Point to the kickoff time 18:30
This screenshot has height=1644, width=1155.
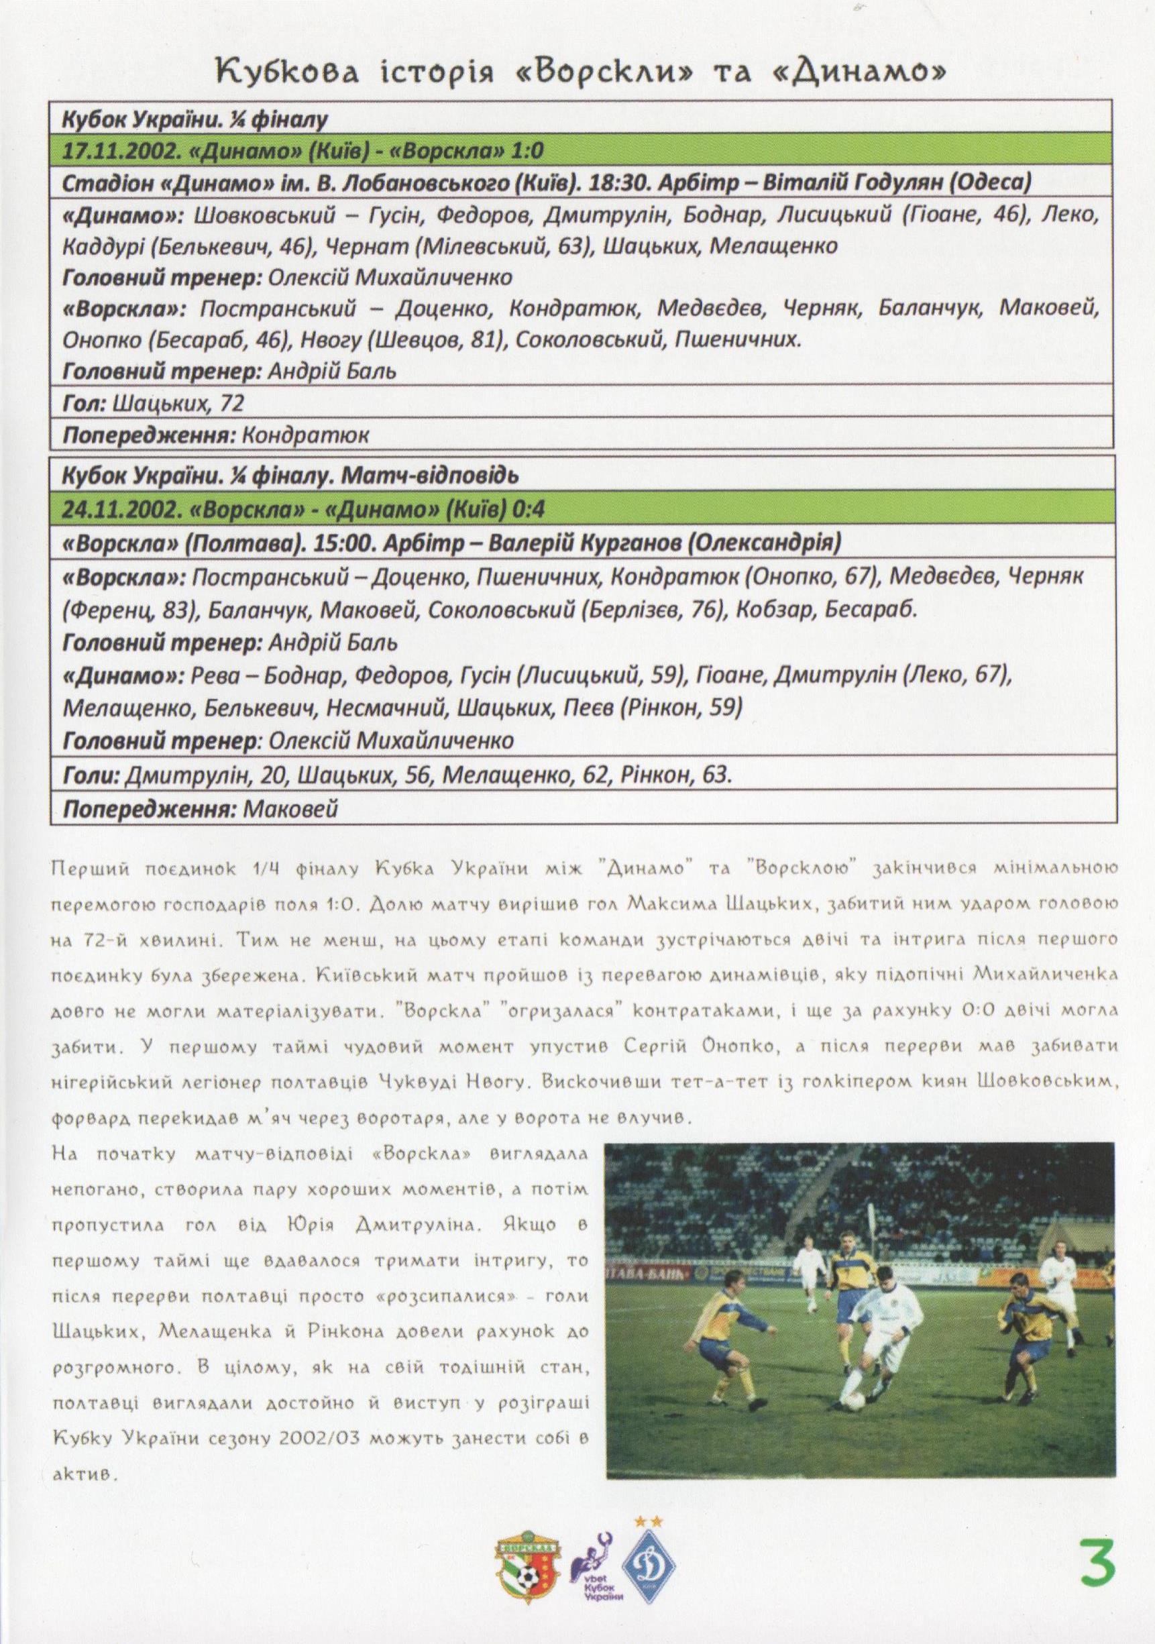click(x=614, y=183)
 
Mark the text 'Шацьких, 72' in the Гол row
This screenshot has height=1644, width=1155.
click(x=178, y=403)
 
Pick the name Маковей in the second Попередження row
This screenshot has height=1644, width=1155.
click(x=290, y=809)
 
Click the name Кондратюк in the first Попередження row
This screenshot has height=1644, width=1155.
click(x=306, y=435)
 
